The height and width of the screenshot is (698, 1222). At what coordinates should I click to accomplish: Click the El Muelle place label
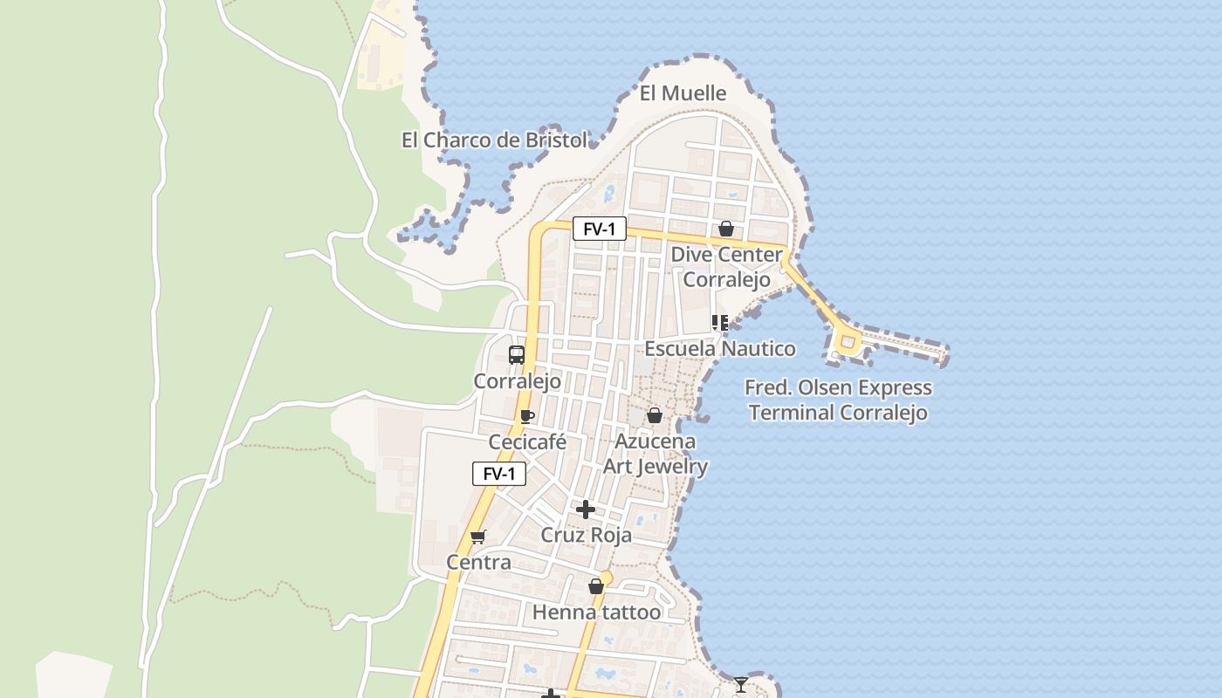[x=683, y=93]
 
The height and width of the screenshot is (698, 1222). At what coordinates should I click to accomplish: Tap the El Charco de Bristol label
[x=494, y=140]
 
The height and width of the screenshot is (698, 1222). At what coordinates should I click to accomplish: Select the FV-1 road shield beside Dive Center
[x=600, y=229]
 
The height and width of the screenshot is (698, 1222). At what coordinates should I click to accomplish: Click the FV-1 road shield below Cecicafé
[x=499, y=474]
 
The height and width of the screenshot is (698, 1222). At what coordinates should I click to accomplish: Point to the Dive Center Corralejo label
[x=726, y=267]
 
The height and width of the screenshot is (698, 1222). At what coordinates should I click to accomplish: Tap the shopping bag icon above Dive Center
[x=725, y=229]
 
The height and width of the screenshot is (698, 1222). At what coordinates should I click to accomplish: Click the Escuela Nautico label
[x=720, y=349]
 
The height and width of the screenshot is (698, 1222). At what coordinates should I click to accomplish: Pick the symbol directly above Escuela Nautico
[x=719, y=324]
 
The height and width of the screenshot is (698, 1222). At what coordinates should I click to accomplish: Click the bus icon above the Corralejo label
[x=517, y=355]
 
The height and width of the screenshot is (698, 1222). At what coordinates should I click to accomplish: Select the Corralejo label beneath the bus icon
[x=518, y=381]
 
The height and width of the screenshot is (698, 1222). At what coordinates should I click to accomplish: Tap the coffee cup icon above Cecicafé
[x=526, y=416]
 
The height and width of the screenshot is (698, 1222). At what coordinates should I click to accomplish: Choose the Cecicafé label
[x=527, y=442]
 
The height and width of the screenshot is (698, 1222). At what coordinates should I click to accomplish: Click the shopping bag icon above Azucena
[x=654, y=415]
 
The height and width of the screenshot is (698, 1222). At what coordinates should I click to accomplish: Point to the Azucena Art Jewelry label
[x=656, y=454]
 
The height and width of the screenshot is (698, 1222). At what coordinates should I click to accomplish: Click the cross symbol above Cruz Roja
[x=586, y=510]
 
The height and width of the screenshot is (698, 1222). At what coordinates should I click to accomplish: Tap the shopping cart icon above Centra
[x=477, y=537]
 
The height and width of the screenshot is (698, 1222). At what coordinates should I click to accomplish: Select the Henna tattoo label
[x=597, y=612]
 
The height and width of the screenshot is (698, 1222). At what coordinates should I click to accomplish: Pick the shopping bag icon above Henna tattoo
[x=596, y=586]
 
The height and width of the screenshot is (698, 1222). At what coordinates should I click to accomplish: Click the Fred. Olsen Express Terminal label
[x=838, y=400]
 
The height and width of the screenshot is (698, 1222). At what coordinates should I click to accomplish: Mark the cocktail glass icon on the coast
[x=741, y=684]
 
